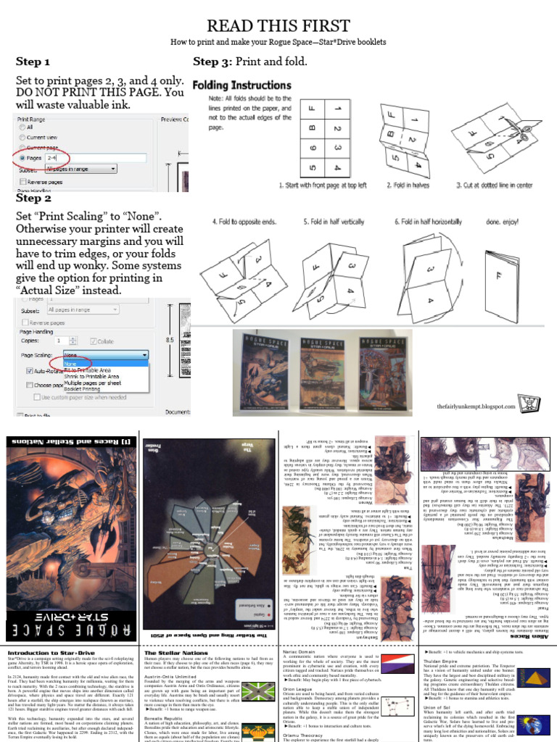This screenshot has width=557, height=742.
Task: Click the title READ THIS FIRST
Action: click(x=278, y=26)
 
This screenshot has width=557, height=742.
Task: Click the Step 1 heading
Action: click(x=33, y=62)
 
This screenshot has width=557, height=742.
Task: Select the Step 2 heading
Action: click(x=33, y=198)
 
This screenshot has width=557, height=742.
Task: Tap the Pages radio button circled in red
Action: click(x=22, y=157)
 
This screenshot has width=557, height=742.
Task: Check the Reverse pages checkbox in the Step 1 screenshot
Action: click(x=23, y=182)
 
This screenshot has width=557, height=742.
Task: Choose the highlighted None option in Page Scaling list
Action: click(x=71, y=364)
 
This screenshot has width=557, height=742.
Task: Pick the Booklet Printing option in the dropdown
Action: click(x=87, y=389)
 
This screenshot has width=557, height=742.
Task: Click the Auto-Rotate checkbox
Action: click(x=30, y=370)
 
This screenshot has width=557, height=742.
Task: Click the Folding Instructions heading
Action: click(x=242, y=86)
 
